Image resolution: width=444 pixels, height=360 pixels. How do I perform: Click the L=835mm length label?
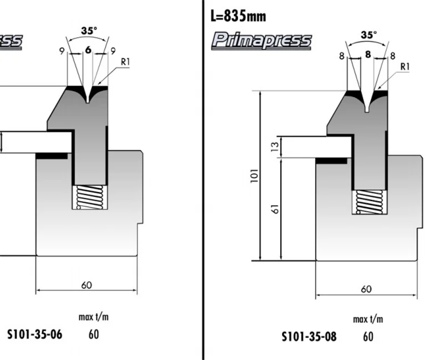click(239, 16)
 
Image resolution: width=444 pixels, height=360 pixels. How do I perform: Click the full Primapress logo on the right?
click(262, 41)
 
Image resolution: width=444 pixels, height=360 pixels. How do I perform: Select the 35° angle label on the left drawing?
click(88, 31)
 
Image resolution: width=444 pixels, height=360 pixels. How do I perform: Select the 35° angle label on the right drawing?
click(368, 34)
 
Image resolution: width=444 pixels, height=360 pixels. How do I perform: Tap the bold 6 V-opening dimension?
click(88, 50)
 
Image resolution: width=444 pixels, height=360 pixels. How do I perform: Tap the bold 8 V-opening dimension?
click(367, 54)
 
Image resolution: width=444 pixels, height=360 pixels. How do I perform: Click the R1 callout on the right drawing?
click(405, 67)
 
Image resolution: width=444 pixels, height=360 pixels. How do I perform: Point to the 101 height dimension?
click(254, 177)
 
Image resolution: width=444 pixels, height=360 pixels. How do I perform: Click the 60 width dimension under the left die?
click(87, 286)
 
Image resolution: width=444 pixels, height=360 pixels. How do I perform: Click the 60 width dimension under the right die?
click(366, 289)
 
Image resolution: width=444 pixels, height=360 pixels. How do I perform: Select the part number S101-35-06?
click(34, 334)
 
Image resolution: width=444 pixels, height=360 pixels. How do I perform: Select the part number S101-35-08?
click(309, 337)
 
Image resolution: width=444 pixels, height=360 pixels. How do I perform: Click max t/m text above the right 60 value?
click(368, 319)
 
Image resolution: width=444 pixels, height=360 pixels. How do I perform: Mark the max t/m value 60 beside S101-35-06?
click(93, 334)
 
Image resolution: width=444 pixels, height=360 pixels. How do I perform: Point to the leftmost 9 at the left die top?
click(60, 51)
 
